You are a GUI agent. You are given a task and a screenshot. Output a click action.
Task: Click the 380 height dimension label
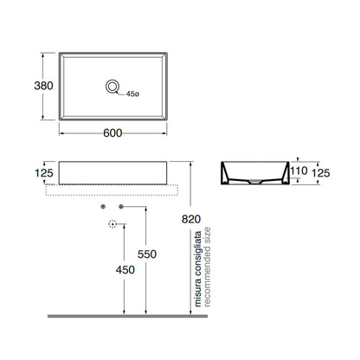coord(43,86)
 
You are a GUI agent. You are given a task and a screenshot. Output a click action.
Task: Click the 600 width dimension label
coord(112,133)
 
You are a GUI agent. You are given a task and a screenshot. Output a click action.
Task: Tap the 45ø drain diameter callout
coord(132,94)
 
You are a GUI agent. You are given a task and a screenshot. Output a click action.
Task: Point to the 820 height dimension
coord(191,219)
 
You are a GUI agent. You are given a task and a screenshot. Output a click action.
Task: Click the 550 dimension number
coord(147,254)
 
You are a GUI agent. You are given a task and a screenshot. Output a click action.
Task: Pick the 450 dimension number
coord(125,270)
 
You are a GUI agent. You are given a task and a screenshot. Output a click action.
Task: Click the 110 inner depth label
coord(299,170)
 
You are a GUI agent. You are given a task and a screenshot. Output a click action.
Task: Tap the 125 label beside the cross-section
coord(321,173)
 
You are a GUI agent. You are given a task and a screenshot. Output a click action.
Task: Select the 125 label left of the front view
coord(44,173)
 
